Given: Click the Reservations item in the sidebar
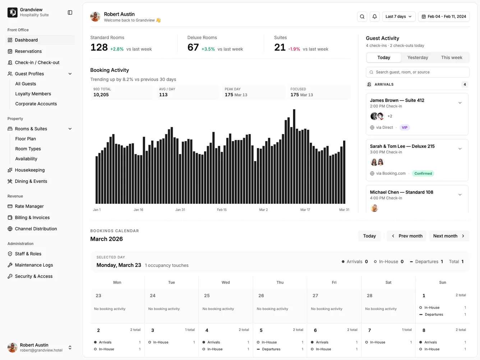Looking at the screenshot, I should tap(28, 51).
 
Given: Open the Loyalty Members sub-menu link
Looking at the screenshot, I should tap(33, 94).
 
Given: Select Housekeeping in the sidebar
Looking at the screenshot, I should tap(30, 170).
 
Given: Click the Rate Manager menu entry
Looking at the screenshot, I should tap(29, 206).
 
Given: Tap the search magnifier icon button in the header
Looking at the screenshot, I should tap(362, 17).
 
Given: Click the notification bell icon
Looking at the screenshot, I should tap(374, 17).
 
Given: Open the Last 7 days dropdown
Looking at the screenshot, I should tap(398, 17).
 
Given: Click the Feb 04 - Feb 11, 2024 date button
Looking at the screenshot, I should tap(444, 17).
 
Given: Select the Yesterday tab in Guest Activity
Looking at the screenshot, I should tap(417, 57).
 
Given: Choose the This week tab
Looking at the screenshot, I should tap(452, 57).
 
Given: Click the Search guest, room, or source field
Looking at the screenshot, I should tap(417, 72).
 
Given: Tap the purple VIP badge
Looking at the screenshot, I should tap(405, 128).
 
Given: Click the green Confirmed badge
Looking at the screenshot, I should tap(423, 174).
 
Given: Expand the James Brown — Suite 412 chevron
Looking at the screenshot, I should tap(460, 103).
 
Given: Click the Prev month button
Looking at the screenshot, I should tap(406, 236).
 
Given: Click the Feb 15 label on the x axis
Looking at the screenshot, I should tap(222, 210).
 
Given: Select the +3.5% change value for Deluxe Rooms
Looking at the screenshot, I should tap(208, 49).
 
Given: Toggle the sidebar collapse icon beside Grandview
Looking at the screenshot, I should tap(70, 13).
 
